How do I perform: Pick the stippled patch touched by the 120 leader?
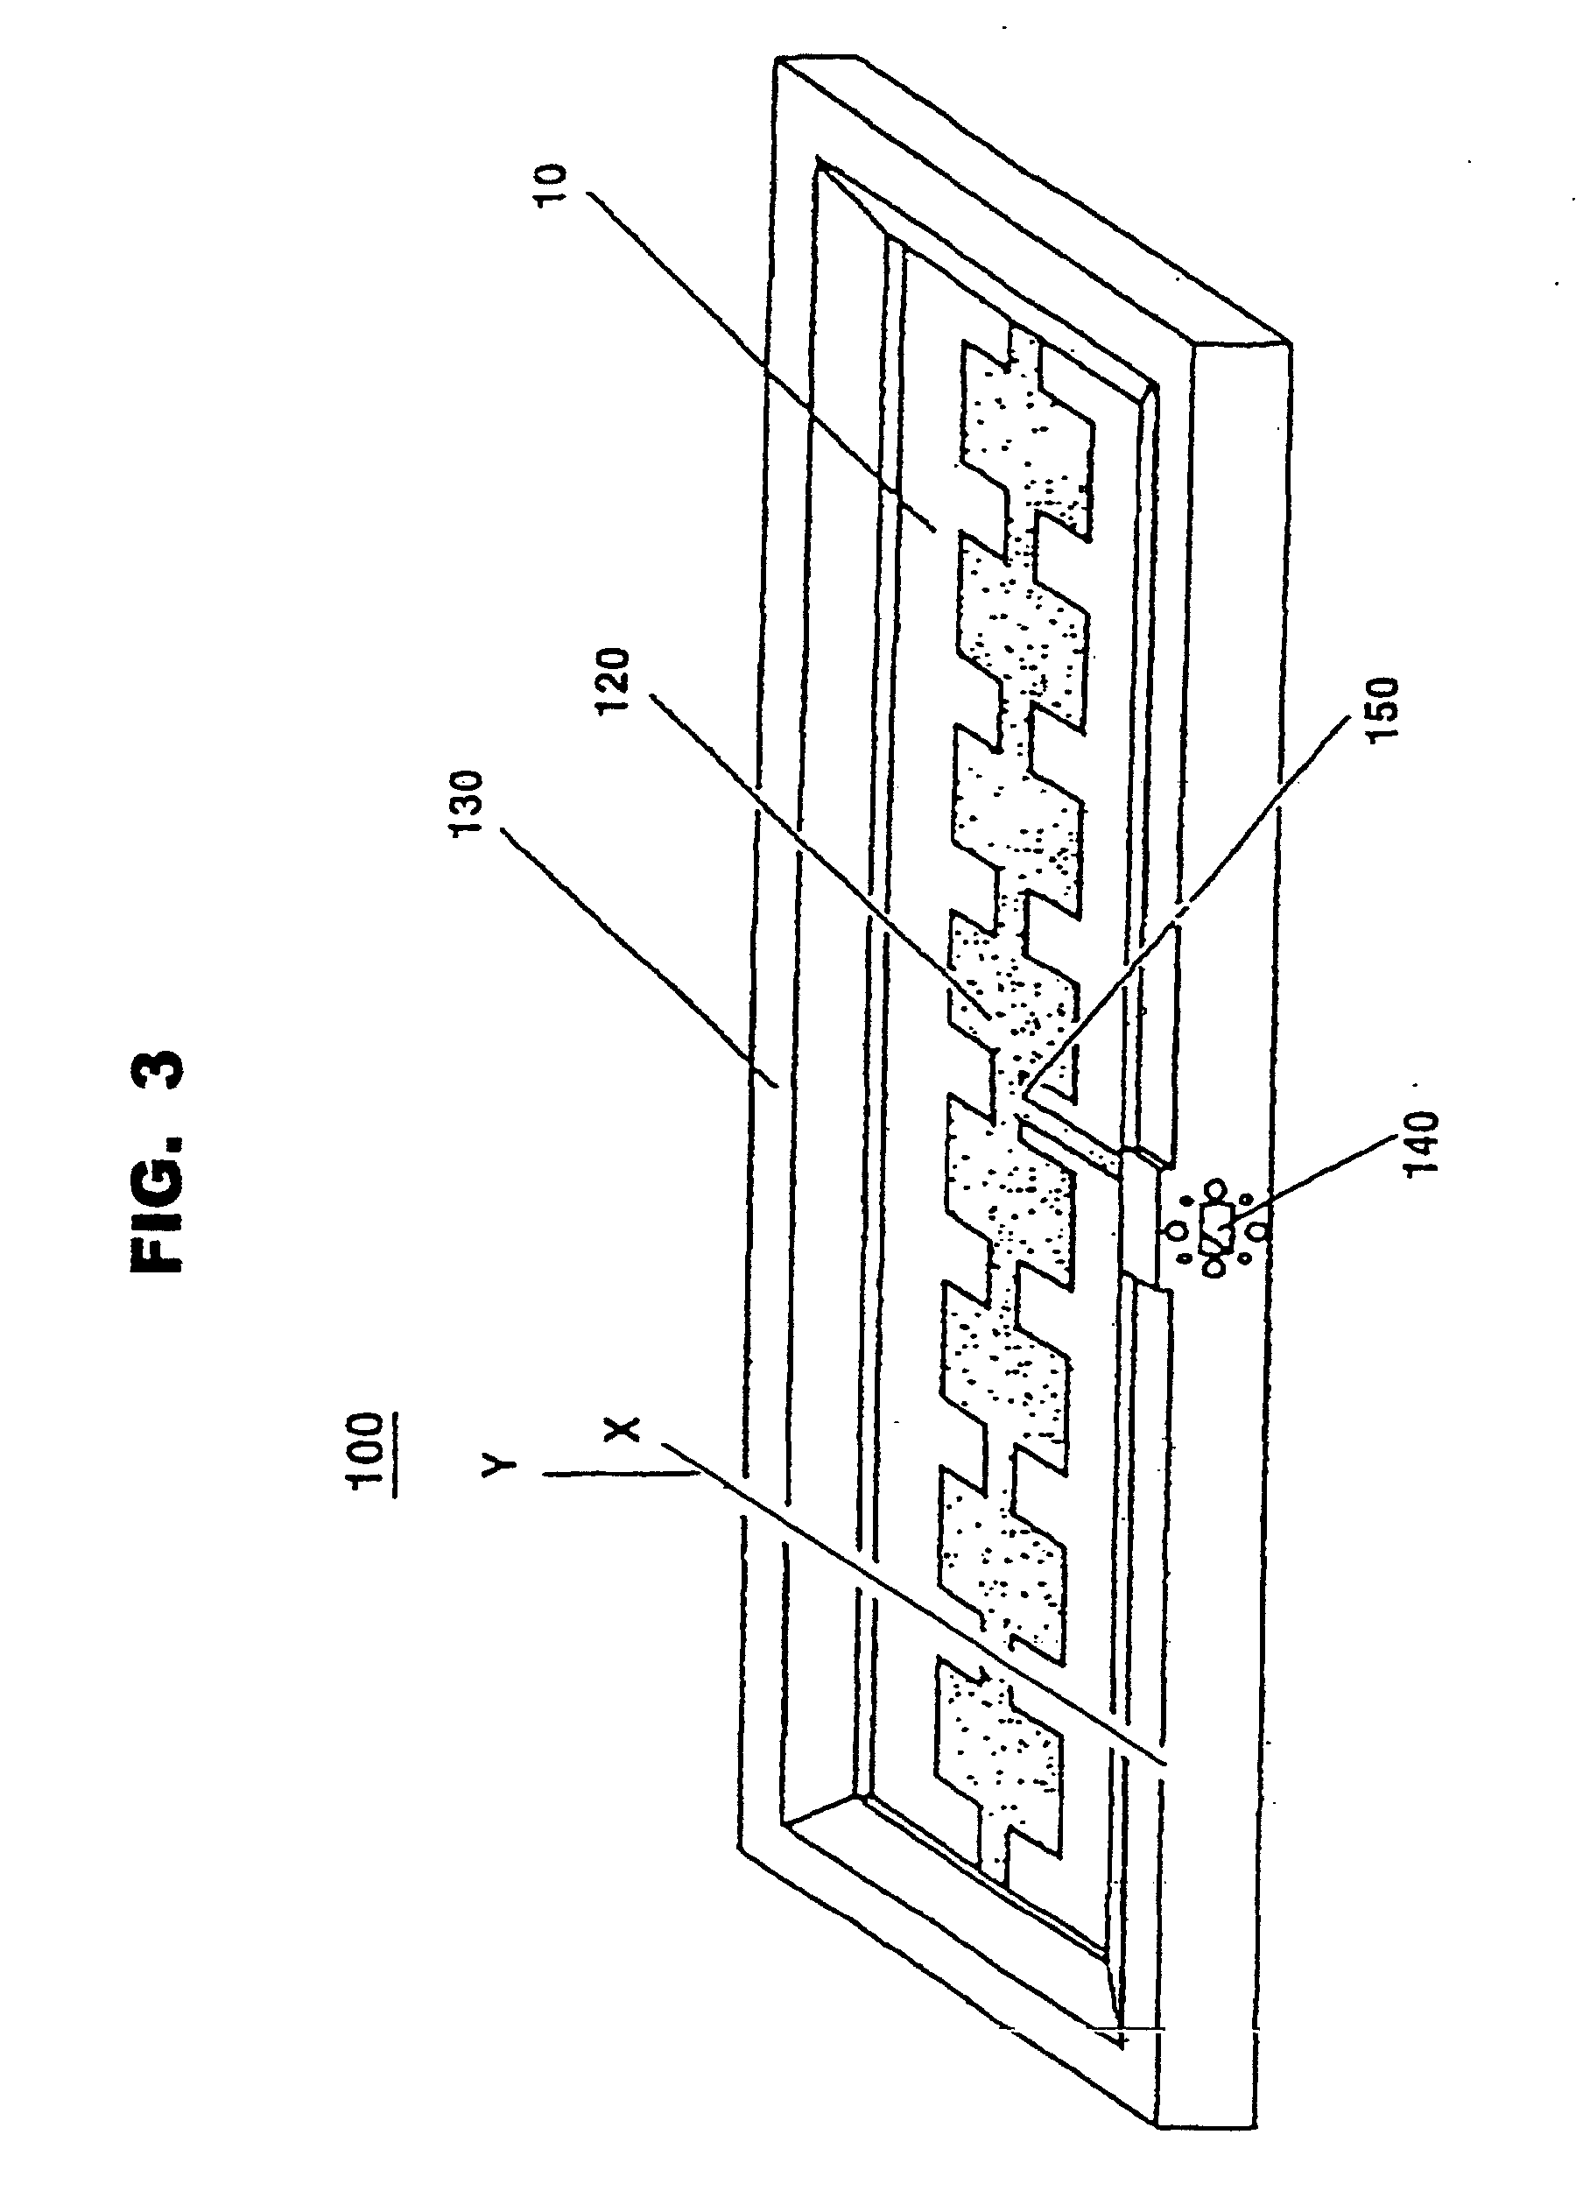1011,1002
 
